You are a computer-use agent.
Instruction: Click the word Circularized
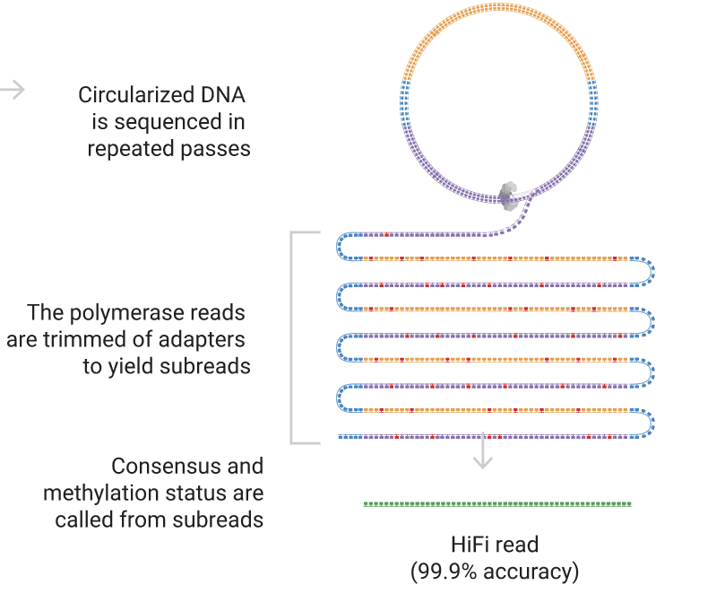(134, 95)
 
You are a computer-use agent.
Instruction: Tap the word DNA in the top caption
(220, 95)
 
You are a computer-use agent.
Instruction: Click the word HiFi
(469, 545)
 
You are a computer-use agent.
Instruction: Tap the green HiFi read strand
(497, 504)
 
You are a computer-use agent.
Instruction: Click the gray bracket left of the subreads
(293, 337)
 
